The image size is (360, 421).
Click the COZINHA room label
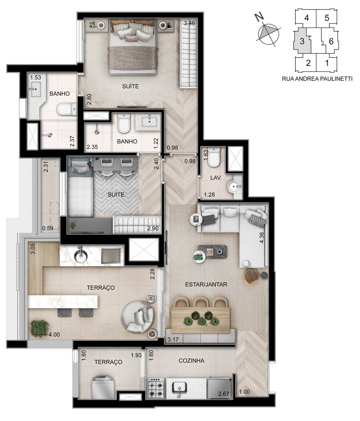191,361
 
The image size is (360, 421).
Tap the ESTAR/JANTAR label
206,284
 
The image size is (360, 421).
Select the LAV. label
216,178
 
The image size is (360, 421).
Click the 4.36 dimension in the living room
262,238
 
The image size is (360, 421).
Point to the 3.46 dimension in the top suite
189,23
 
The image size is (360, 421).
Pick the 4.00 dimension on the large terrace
54,334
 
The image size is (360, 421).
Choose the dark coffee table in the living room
212,252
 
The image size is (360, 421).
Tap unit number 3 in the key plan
302,41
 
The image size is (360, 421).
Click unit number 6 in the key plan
331,41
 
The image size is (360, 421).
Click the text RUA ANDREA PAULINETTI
317,79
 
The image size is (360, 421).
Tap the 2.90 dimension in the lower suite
153,228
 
